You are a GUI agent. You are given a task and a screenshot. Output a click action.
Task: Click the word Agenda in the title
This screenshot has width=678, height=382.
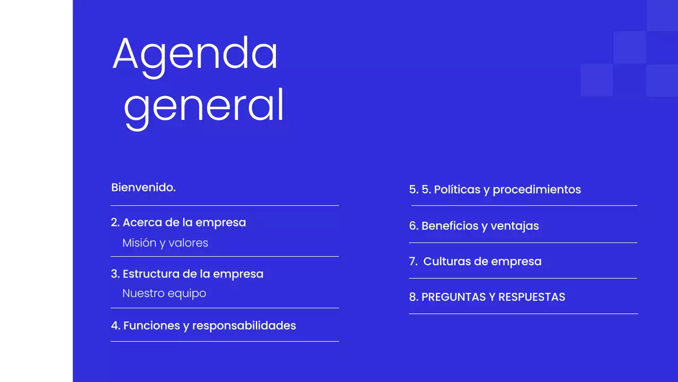tap(195, 54)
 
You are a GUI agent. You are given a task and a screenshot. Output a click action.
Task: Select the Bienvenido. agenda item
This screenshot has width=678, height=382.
tap(143, 187)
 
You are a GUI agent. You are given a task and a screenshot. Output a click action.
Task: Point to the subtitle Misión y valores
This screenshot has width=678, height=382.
tap(165, 243)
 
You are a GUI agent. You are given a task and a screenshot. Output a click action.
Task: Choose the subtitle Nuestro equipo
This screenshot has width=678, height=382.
tap(164, 293)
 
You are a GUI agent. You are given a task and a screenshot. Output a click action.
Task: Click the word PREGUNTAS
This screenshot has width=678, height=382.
tap(454, 297)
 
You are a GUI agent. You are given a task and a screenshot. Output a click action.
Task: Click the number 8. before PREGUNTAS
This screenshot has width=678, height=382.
tap(414, 297)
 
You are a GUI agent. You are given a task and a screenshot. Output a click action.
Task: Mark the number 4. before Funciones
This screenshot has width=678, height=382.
tap(115, 325)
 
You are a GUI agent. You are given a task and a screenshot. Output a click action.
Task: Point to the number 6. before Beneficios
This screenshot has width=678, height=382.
tap(414, 225)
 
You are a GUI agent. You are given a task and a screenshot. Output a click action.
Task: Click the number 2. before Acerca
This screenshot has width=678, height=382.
tap(115, 222)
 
